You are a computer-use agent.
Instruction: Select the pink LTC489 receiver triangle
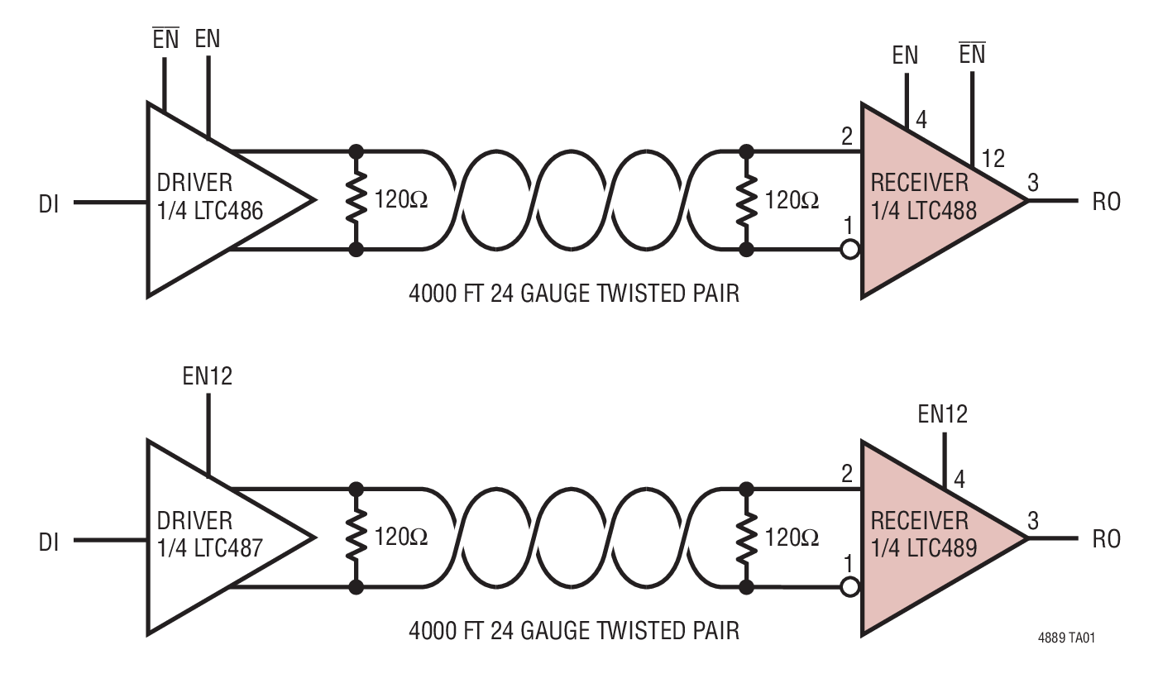[926, 537]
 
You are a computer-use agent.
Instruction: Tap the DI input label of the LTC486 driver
[49, 203]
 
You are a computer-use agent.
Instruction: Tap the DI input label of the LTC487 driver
[49, 541]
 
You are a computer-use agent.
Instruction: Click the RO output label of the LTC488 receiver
[1106, 202]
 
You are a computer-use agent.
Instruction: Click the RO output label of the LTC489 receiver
[1106, 540]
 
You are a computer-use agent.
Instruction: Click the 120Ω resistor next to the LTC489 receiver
[747, 537]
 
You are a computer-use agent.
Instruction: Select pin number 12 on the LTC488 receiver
[993, 158]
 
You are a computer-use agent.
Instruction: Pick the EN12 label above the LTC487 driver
[207, 376]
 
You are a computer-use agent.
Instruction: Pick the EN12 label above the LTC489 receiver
[942, 413]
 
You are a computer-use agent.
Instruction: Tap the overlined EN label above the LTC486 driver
[165, 40]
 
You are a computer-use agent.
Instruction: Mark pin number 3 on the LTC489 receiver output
[1032, 521]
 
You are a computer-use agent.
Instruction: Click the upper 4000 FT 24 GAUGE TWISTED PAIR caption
[574, 293]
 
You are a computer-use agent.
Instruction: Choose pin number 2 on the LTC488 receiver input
[846, 137]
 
